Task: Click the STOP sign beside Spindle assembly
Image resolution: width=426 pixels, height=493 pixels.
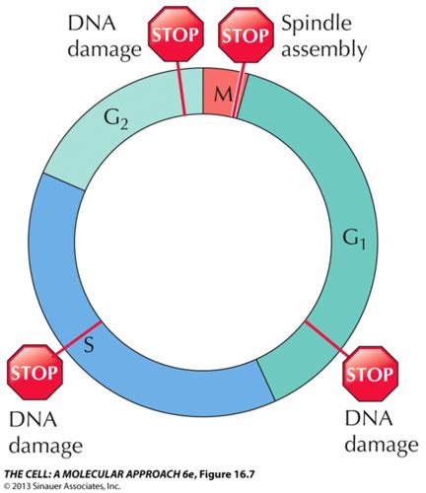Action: [247, 35]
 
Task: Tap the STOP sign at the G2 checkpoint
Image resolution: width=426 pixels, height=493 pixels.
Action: [177, 35]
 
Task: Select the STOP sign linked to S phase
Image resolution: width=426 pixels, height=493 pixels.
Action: [35, 372]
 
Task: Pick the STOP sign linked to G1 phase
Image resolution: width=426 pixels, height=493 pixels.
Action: [371, 374]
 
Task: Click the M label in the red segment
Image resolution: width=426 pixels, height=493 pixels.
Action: [223, 95]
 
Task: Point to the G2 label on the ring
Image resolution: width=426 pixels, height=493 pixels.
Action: [116, 119]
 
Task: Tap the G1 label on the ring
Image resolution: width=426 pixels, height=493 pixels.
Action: [354, 239]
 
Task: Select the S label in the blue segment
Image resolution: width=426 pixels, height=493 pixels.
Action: [89, 344]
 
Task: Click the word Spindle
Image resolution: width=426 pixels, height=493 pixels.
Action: [317, 24]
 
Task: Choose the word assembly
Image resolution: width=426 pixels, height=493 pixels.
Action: [323, 49]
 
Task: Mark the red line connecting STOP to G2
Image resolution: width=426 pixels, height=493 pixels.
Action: [180, 88]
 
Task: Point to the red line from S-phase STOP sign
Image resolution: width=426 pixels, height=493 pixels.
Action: [78, 338]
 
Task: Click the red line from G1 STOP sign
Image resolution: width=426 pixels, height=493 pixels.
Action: [327, 338]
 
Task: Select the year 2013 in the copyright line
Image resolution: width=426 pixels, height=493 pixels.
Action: [19, 486]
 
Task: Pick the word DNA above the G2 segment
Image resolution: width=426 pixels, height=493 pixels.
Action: [92, 24]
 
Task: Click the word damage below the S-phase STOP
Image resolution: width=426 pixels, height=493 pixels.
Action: [45, 446]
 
